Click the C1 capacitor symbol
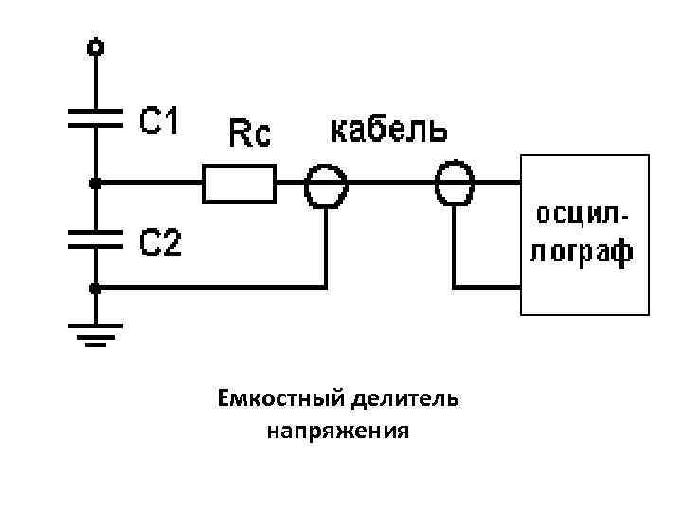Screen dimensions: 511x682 pyautogui.click(x=95, y=118)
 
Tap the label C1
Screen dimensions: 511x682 pyautogui.click(x=161, y=120)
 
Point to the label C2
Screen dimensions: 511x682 pyautogui.click(x=161, y=244)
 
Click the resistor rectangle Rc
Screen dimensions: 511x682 pyautogui.click(x=240, y=182)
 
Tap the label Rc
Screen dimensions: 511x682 pyautogui.click(x=250, y=135)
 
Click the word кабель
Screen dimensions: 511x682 pyautogui.click(x=389, y=130)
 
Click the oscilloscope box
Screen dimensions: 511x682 pyautogui.click(x=584, y=234)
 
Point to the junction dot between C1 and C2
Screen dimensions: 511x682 pyautogui.click(x=95, y=181)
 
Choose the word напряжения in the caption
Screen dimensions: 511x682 pyautogui.click(x=337, y=432)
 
